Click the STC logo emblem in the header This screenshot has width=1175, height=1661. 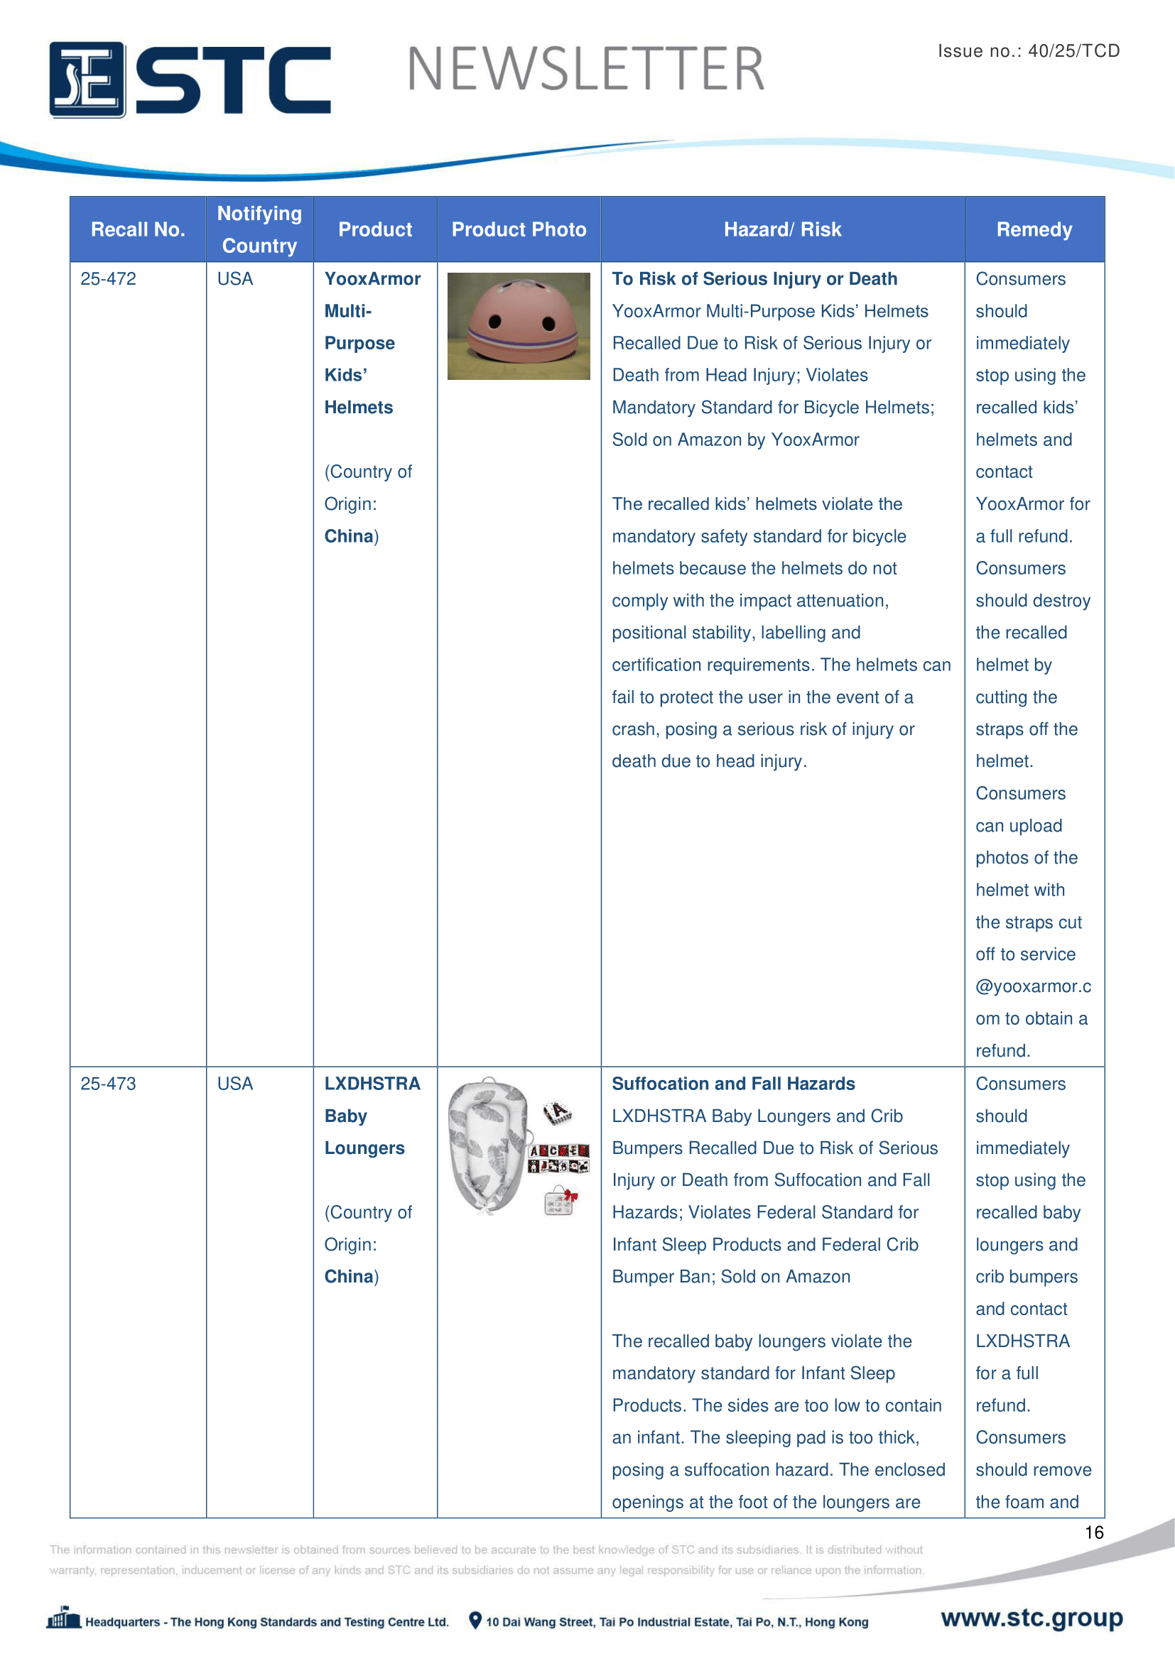87,80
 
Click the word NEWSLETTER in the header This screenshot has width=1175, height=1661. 585,70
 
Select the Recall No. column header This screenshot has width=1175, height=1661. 138,229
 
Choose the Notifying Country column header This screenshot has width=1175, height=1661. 259,229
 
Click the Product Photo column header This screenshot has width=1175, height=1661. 519,229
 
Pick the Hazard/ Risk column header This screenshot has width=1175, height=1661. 782,229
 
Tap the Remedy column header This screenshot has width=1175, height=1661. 1034,229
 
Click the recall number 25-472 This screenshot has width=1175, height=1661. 109,279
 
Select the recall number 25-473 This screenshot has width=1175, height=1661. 109,1084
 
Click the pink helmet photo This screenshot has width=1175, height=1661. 519,325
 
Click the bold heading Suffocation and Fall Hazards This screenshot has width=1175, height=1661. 733,1084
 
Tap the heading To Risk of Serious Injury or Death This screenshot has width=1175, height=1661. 754,279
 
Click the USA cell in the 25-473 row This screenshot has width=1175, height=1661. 235,1084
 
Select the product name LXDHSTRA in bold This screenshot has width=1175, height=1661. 372,1084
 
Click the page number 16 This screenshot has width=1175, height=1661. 1093,1532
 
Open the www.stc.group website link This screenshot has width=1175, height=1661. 1031,1618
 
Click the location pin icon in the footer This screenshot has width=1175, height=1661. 475,1621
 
